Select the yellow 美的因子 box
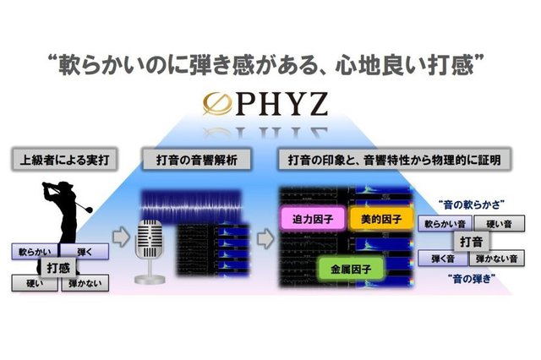coord(379,219)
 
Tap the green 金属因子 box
coord(350,270)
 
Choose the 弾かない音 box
coord(493,259)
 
